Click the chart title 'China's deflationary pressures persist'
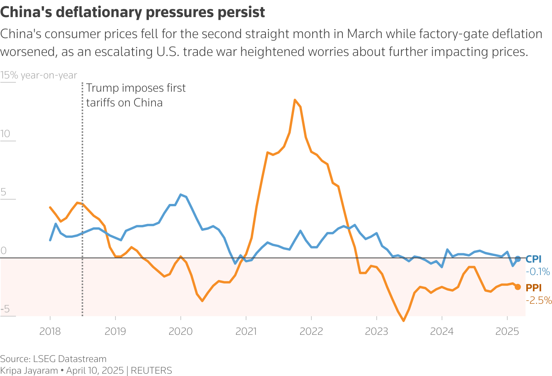coord(133,12)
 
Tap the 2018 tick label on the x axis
coord(50,331)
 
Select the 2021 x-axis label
coord(246,331)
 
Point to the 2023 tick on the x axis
coord(377,331)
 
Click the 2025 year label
coord(507,331)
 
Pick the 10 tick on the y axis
coord(5,134)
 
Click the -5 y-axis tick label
coord(5,310)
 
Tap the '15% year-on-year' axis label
coord(39,75)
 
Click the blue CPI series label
coord(533,259)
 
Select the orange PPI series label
coord(533,288)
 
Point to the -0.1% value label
coord(538,272)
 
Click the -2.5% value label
coord(538,300)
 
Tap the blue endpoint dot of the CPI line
coord(518,259)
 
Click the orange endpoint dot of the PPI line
coord(518,287)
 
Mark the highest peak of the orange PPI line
coord(295,100)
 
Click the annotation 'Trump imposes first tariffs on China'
coord(136,95)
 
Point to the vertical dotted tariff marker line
coord(82,194)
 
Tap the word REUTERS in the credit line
coord(151,371)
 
